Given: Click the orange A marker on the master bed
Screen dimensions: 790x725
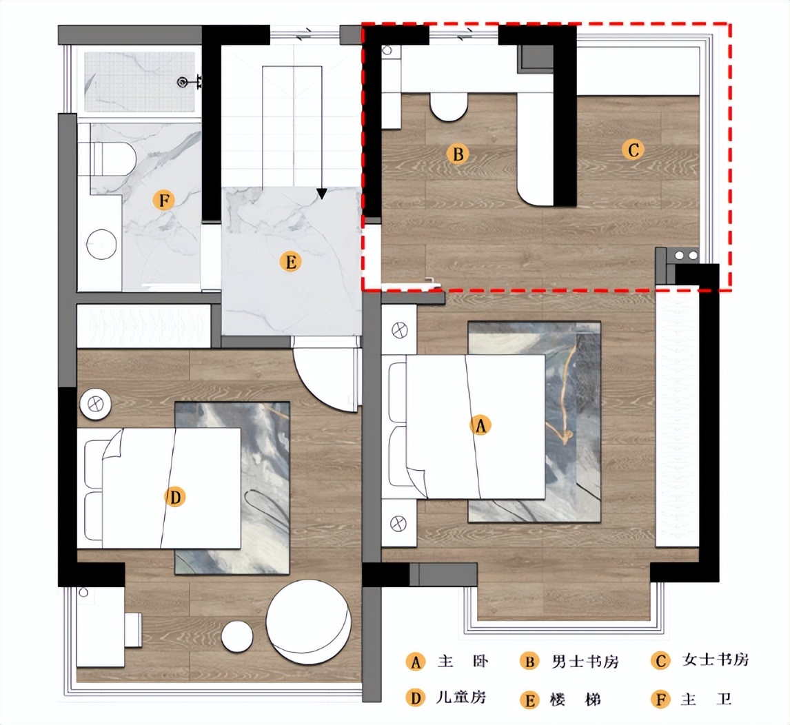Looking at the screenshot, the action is coord(480,425).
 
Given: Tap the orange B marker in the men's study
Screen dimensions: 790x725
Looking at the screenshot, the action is coord(458,154).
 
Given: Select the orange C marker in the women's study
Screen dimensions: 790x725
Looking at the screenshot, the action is coord(633,150).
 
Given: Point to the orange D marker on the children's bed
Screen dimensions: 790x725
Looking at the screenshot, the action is coord(175,498).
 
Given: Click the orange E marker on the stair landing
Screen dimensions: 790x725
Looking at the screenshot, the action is coord(290,262).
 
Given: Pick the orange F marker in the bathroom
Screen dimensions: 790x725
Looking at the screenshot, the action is coord(164,201).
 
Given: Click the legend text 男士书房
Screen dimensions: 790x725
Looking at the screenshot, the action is coord(585,661).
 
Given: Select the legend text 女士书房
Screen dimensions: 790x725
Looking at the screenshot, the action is coord(716,660).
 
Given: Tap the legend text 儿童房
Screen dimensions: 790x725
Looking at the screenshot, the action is coord(460,697).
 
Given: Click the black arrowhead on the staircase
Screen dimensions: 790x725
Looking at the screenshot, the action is coord(321,194).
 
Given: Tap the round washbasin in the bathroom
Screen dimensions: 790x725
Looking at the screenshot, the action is coord(102,245).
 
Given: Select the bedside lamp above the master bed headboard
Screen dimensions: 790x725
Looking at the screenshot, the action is coord(400,331).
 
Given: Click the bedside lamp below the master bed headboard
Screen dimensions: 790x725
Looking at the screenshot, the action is coord(398,524).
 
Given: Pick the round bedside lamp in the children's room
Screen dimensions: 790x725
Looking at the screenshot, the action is coord(95,404).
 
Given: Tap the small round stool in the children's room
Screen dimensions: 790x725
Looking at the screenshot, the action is coord(237,637).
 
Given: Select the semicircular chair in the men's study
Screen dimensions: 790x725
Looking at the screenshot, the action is coord(449,107).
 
